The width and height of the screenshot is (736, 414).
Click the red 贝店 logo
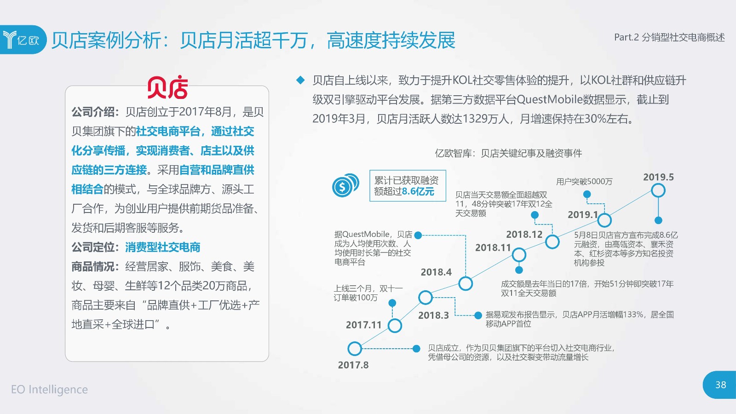(167, 87)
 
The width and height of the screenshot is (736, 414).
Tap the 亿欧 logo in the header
(21, 40)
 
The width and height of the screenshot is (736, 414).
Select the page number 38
(721, 385)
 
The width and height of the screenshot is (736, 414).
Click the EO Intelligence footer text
(50, 389)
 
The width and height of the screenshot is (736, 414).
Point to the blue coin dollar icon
(345, 185)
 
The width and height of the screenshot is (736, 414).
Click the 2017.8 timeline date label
(353, 365)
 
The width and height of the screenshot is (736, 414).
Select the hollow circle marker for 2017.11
(395, 326)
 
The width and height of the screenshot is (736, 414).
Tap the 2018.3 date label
(433, 316)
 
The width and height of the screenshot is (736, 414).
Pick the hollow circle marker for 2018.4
(466, 283)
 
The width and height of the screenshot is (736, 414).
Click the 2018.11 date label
(493, 248)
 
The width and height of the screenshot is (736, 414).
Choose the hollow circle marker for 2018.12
(552, 242)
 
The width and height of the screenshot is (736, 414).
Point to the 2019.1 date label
(583, 215)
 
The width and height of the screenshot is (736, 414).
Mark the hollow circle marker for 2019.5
(658, 190)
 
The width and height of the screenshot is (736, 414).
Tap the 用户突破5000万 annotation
(584, 182)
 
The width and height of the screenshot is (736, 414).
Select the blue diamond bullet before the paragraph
(300, 80)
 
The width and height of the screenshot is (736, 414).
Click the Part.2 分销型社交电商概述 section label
(670, 37)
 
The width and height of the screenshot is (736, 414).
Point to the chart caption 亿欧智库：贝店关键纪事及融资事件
(508, 153)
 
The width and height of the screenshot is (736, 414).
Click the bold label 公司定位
(92, 247)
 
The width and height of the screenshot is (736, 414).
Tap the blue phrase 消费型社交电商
(163, 247)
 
